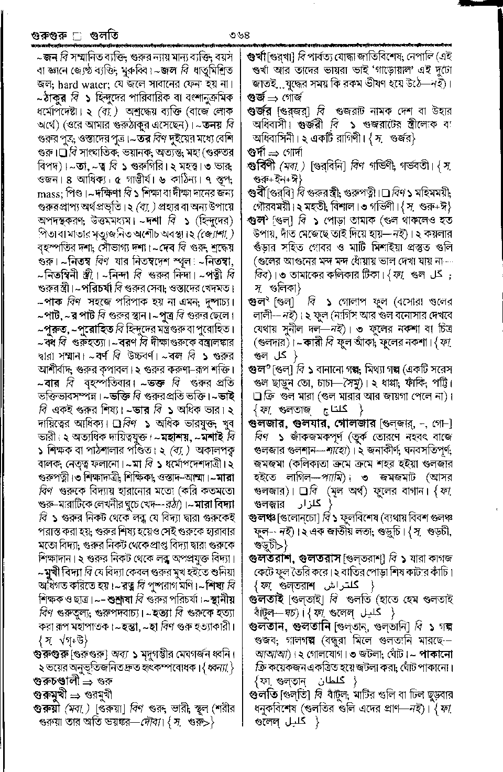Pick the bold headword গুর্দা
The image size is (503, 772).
(x=257, y=153)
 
